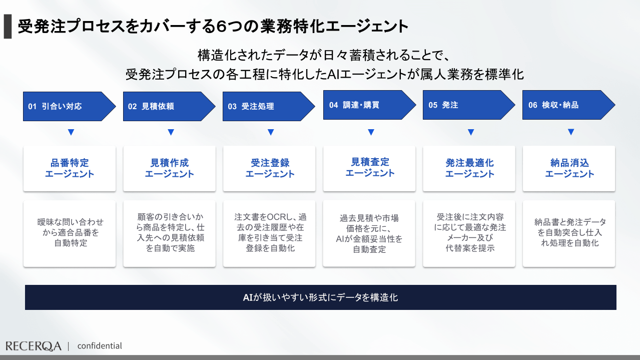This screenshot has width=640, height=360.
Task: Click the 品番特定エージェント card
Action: pyautogui.click(x=70, y=168)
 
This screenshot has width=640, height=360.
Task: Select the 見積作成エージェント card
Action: pyautogui.click(x=169, y=168)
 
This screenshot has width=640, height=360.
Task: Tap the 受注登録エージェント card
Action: pyautogui.click(x=269, y=168)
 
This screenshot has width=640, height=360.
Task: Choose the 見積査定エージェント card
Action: pyautogui.click(x=369, y=168)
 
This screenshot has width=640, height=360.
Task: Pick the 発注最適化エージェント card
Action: pyautogui.click(x=469, y=168)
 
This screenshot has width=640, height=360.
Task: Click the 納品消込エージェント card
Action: pyautogui.click(x=569, y=168)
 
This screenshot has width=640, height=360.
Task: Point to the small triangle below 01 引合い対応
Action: pyautogui.click(x=71, y=133)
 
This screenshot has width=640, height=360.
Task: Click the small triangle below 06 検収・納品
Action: pyautogui.click(x=570, y=133)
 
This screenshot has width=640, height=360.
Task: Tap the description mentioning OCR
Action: pyautogui.click(x=269, y=233)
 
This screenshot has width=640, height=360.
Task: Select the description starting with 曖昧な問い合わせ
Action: pyautogui.click(x=70, y=233)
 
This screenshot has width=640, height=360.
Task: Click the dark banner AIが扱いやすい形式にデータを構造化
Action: pyautogui.click(x=320, y=297)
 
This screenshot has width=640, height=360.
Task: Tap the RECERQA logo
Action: pyautogui.click(x=34, y=346)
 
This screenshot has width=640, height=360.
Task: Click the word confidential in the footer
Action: pyautogui.click(x=100, y=346)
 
